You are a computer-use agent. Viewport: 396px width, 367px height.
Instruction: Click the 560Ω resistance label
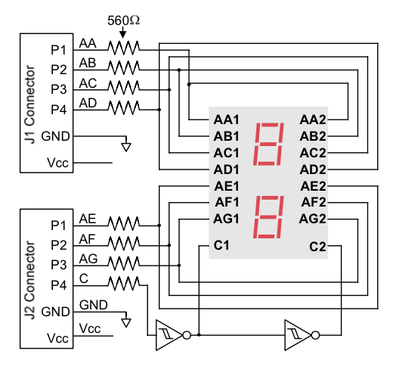pos(123,20)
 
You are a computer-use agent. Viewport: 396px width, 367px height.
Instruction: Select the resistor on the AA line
pos(124,48)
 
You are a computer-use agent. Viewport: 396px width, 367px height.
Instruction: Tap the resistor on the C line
pos(124,283)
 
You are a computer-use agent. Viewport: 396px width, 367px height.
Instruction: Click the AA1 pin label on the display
pos(226,120)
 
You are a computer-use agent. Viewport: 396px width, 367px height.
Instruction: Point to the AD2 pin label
pos(313,170)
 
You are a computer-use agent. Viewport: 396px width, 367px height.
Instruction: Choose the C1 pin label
pos(221,245)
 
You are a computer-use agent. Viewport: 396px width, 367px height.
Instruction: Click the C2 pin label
pos(317,247)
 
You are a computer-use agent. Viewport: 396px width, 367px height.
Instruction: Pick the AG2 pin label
pos(313,219)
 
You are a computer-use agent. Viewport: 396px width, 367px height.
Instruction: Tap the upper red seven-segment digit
pos(268,145)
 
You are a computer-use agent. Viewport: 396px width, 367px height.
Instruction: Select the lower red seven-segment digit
pos(268,217)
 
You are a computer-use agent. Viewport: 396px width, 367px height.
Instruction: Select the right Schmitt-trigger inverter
pos(302,335)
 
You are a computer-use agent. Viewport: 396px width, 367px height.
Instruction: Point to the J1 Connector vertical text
pos(29,104)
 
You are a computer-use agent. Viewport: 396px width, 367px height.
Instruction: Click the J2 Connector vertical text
pos(29,280)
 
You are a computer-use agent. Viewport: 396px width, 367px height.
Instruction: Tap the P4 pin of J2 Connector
pos(59,285)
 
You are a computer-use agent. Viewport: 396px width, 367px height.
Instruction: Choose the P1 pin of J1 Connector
pos(59,50)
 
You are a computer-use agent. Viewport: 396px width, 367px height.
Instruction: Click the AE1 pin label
pos(227,186)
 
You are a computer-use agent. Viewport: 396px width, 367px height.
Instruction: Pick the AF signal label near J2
pos(88,239)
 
